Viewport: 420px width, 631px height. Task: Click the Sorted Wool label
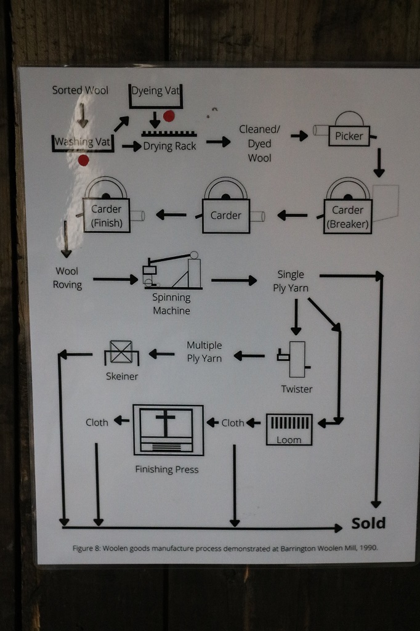[80, 90]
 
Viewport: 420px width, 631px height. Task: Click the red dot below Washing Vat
[83, 160]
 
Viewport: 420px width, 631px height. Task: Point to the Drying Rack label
[169, 146]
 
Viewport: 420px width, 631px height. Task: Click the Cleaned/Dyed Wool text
[259, 144]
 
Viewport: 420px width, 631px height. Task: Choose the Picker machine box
[349, 136]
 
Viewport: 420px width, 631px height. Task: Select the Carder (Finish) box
[107, 215]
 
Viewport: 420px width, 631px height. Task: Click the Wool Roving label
[67, 278]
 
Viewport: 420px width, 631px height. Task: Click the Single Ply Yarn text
[291, 281]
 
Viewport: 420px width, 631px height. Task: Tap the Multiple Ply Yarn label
[204, 352]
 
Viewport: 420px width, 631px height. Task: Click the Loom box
[289, 429]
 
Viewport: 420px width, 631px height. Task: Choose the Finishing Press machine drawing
[168, 429]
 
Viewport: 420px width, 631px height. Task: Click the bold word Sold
[368, 523]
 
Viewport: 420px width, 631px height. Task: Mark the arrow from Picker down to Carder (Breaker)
[379, 163]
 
